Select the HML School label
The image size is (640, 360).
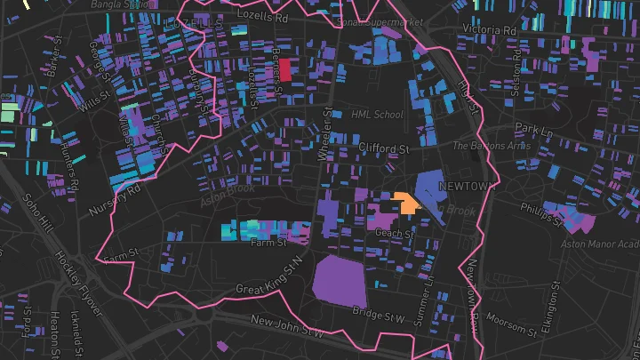[x=377, y=115]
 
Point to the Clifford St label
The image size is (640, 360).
[x=383, y=148]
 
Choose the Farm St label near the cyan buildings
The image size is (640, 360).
[x=268, y=242]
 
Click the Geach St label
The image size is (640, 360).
[x=396, y=234]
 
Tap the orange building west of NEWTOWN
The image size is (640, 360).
[x=408, y=203]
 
